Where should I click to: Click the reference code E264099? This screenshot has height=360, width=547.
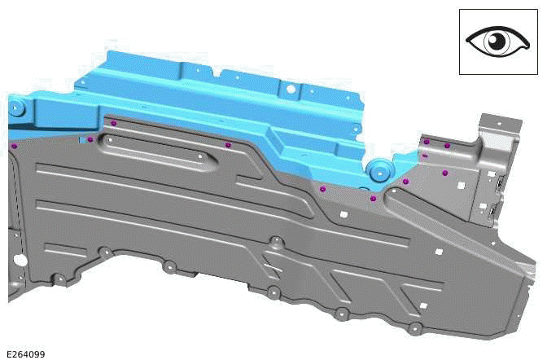26,354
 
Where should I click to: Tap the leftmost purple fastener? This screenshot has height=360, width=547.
14,146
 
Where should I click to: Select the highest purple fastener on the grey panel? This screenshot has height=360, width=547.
114,123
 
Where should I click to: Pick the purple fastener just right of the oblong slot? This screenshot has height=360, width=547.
228,145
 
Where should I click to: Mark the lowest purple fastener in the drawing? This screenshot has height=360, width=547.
373,198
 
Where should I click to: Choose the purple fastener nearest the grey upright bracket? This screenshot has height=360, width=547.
447,145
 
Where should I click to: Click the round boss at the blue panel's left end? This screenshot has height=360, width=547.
18,107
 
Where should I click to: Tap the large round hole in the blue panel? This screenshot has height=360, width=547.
289,88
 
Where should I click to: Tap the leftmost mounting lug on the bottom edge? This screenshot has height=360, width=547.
59,279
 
